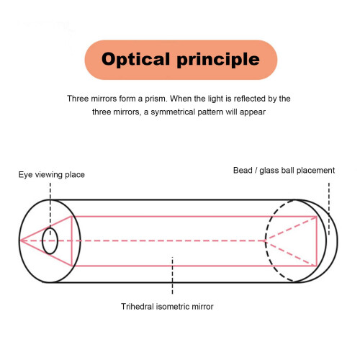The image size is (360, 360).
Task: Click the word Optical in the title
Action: pos(135,59)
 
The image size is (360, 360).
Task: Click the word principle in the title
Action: pos(218,60)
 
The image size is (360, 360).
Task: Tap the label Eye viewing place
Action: pos(52,175)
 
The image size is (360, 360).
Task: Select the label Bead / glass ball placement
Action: pos(284,171)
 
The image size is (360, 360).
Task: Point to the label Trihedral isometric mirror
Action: pos(167,307)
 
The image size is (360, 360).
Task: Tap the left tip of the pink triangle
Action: pos(20,240)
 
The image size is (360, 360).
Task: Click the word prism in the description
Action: pos(156,99)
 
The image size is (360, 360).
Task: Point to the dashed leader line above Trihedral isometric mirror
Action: pos(172,276)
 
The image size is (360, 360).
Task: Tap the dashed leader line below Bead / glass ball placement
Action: pos(329,209)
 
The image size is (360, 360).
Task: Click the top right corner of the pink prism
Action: pos(317,217)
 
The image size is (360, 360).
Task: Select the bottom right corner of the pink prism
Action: pos(317,266)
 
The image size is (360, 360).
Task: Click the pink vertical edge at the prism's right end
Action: pos(317,241)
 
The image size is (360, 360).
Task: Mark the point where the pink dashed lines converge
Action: pos(266,240)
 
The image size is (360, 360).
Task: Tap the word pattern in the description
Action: pos(210,112)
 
